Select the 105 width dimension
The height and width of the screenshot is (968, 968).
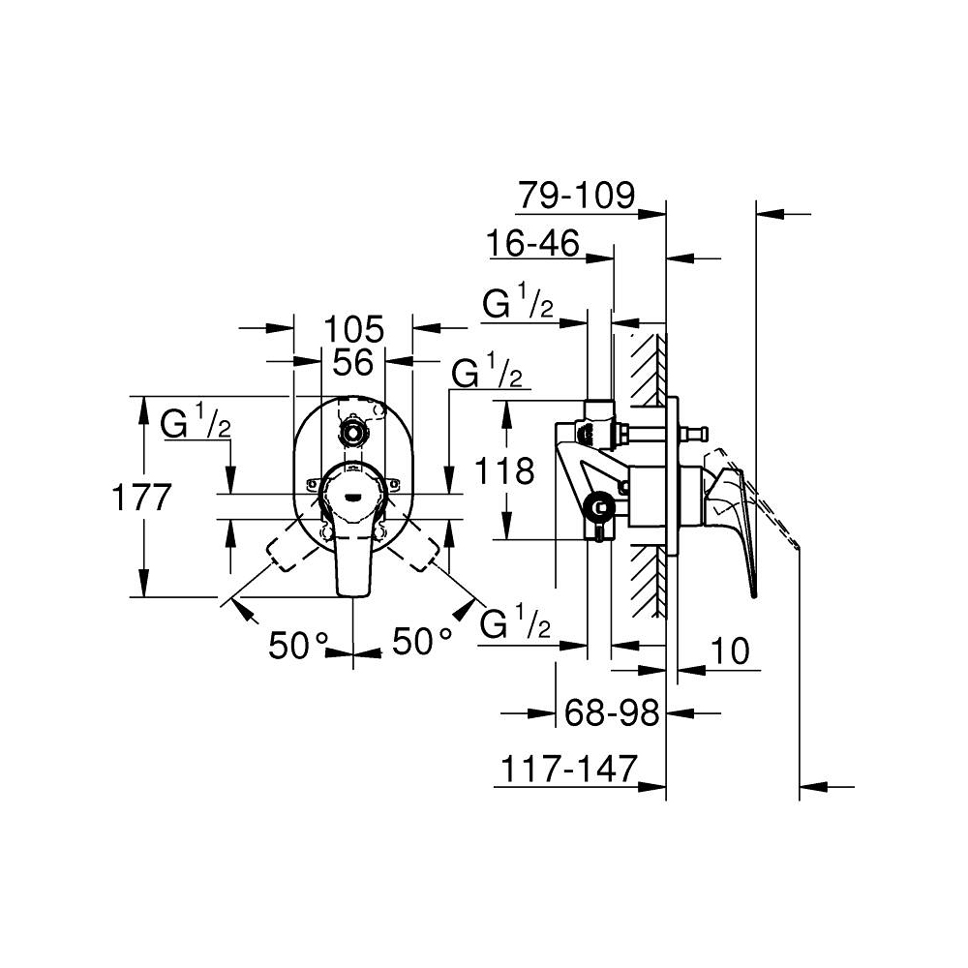point(353,327)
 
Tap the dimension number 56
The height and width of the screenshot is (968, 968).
point(353,362)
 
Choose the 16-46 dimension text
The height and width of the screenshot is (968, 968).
point(533,243)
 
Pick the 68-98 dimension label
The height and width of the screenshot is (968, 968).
point(612,713)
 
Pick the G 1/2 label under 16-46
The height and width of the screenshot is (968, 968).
point(518,304)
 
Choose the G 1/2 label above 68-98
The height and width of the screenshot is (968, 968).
point(516,624)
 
